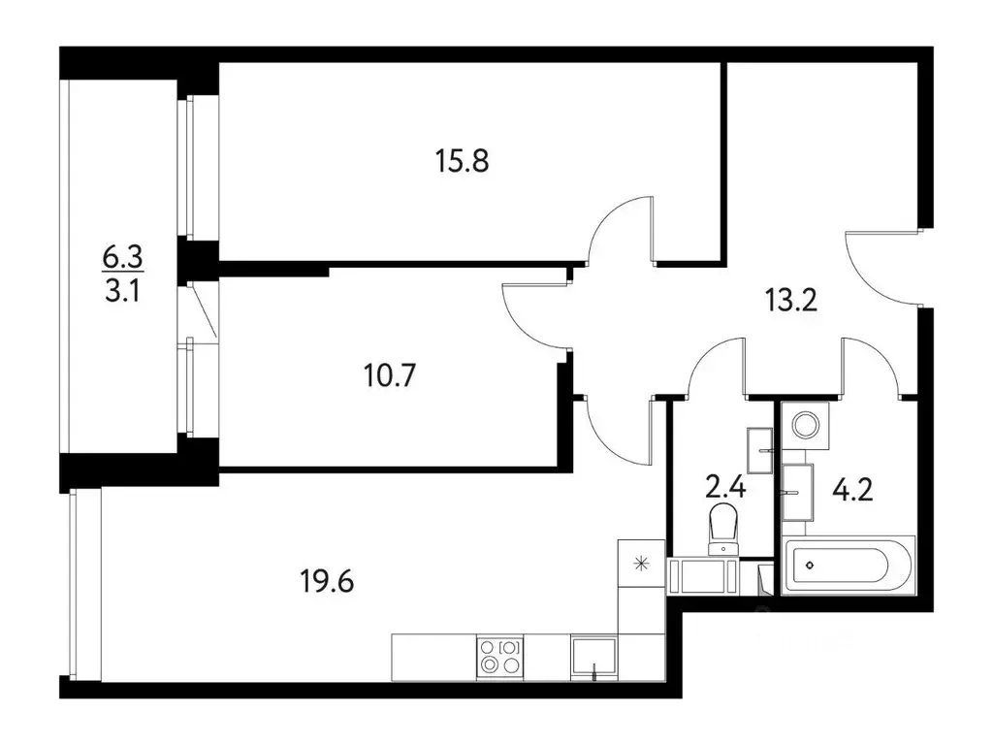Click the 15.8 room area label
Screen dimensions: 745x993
(x=462, y=159)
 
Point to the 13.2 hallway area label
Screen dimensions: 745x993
(x=792, y=300)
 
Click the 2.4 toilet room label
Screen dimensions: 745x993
(x=725, y=485)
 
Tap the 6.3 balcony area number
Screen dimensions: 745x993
(x=122, y=257)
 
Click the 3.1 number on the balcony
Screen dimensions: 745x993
(x=122, y=290)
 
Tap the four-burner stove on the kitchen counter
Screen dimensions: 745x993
(x=499, y=657)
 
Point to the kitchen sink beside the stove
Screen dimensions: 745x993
(x=593, y=658)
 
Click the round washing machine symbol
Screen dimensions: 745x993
(x=805, y=423)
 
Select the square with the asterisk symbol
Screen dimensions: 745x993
(x=639, y=562)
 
